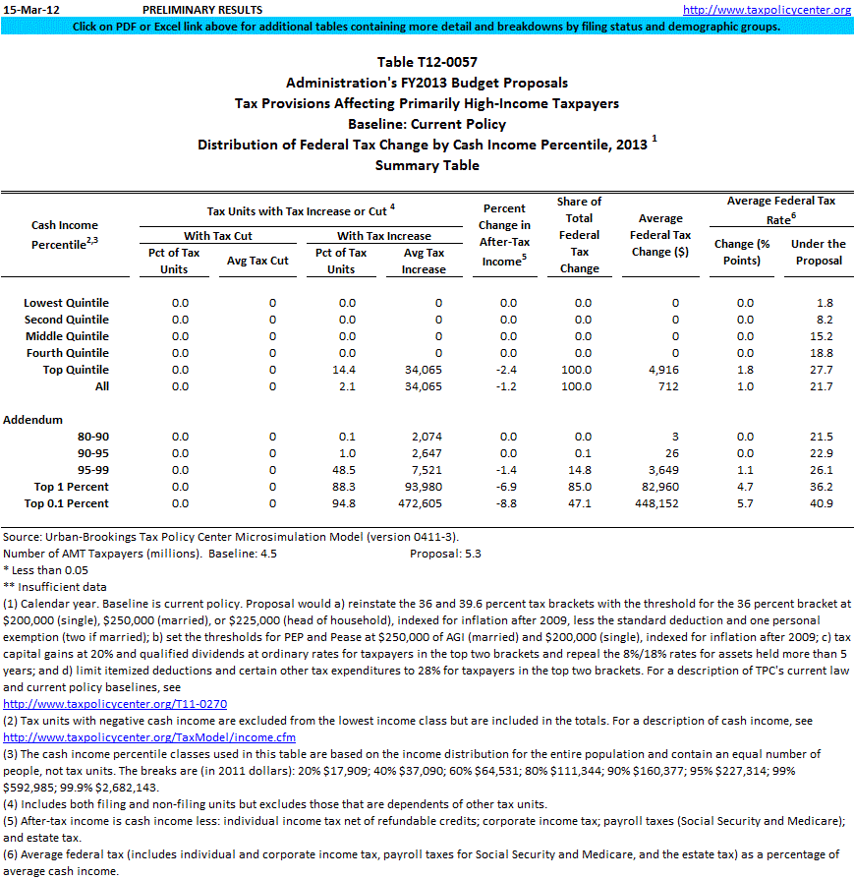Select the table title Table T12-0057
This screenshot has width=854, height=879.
pyautogui.click(x=427, y=63)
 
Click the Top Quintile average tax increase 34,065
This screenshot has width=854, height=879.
pyautogui.click(x=423, y=370)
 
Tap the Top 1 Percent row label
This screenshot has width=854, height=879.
pyautogui.click(x=72, y=487)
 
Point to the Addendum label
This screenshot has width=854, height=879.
pyautogui.click(x=32, y=420)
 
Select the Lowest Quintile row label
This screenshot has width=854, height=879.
pyautogui.click(x=66, y=303)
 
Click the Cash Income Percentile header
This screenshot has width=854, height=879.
pyautogui.click(x=65, y=235)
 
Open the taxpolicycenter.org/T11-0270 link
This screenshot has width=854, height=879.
pyautogui.click(x=115, y=704)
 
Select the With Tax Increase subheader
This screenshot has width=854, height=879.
pyautogui.click(x=383, y=236)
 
